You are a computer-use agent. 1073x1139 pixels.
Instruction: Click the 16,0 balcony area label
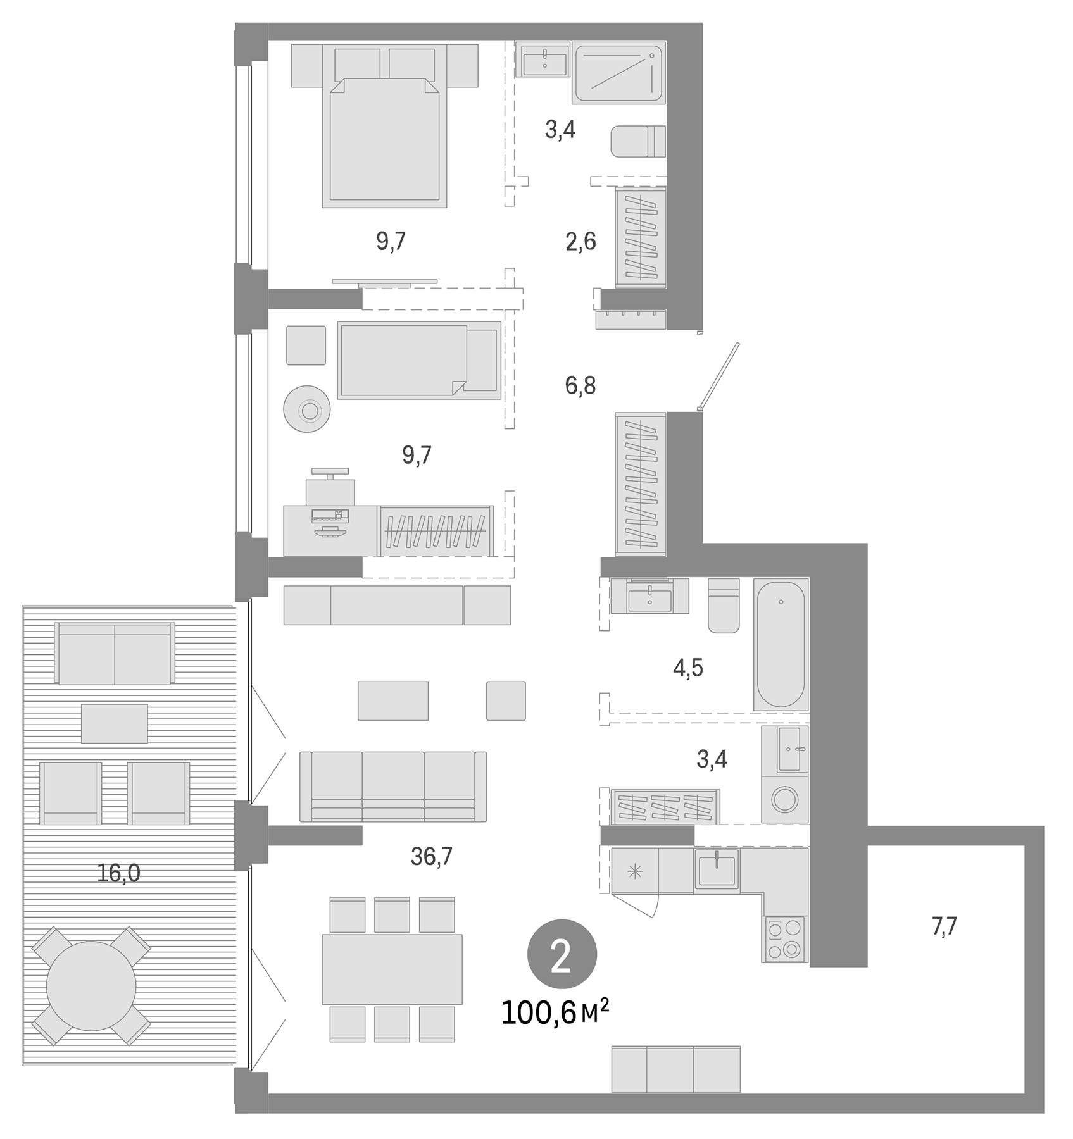click(x=119, y=873)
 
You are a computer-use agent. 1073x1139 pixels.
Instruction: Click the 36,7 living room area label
click(x=432, y=856)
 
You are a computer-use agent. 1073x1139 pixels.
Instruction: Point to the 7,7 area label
click(x=944, y=926)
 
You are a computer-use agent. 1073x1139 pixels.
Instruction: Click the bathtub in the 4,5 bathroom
click(x=781, y=644)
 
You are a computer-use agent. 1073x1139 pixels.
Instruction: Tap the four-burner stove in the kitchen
click(x=785, y=939)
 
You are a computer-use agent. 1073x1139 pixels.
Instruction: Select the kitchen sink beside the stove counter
click(x=717, y=869)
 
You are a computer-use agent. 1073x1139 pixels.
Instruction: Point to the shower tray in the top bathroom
click(x=618, y=72)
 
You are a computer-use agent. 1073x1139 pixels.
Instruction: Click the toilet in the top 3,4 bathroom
click(x=637, y=141)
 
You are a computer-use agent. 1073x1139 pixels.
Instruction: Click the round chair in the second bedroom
click(x=307, y=409)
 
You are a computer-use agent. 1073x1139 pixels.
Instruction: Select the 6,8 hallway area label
click(x=580, y=385)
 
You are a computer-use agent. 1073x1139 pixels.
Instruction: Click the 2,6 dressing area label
click(x=580, y=241)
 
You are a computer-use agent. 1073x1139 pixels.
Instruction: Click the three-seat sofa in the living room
click(x=393, y=787)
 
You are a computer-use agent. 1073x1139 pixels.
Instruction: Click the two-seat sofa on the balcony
click(x=115, y=653)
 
